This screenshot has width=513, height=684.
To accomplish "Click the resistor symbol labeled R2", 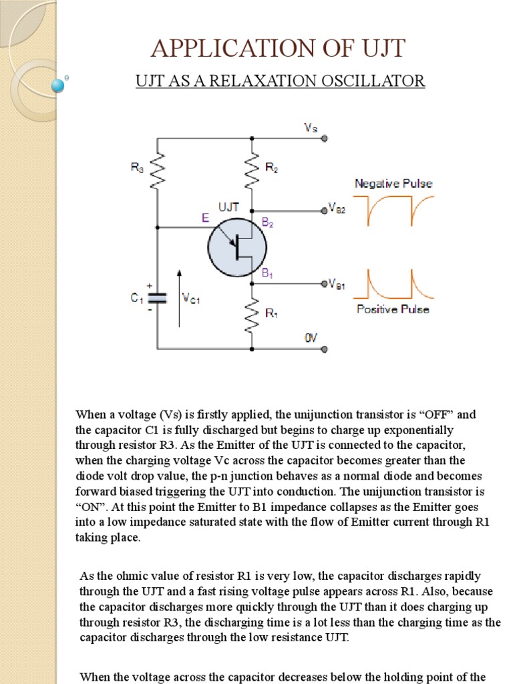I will [x=252, y=170].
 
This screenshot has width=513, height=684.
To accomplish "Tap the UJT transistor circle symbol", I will [x=237, y=246].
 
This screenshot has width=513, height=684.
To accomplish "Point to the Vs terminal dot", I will [x=324, y=139].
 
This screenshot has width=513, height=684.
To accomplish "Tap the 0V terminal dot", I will [x=324, y=349].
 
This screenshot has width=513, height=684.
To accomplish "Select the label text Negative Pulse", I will [x=393, y=182].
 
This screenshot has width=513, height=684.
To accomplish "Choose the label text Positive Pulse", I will [x=393, y=309].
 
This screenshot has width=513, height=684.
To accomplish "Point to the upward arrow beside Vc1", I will [x=178, y=297].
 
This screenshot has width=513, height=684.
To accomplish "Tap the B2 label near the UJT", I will [x=267, y=224].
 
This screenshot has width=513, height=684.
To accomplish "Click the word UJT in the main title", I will [x=381, y=49].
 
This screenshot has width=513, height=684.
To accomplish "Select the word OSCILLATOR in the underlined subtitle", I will [x=375, y=81].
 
